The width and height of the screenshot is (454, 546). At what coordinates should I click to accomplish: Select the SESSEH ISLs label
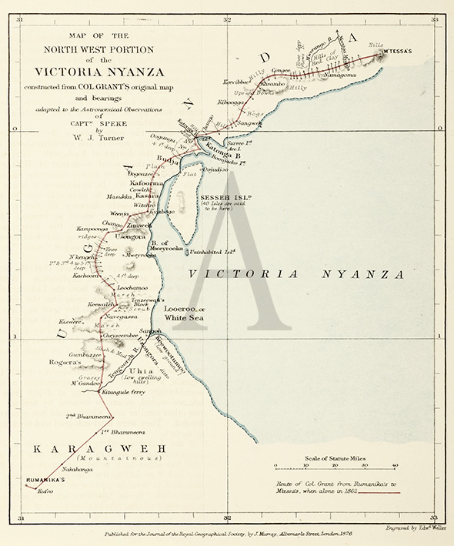tap(221, 197)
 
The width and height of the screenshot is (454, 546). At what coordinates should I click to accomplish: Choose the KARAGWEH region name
tap(95, 447)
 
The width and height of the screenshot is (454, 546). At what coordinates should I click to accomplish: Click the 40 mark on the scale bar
tap(395, 465)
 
